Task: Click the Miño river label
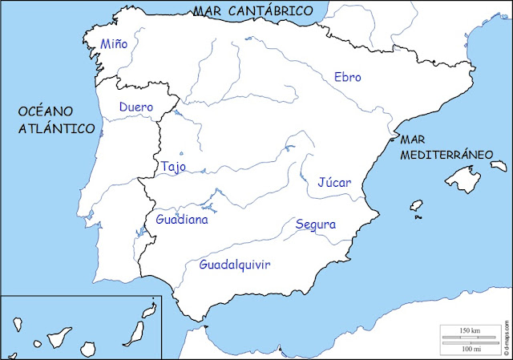pyautogui.click(x=113, y=43)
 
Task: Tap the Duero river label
pyautogui.click(x=135, y=107)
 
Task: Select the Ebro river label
pyautogui.click(x=348, y=77)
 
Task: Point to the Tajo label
pyautogui.click(x=173, y=167)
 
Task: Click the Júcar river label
pyautogui.click(x=334, y=182)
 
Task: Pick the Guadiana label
pyautogui.click(x=182, y=219)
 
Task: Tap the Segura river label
pyautogui.click(x=315, y=224)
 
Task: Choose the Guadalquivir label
pyautogui.click(x=235, y=264)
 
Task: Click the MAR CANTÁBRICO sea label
pyautogui.click(x=252, y=10)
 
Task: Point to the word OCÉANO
pyautogui.click(x=46, y=111)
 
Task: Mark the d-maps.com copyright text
pyautogui.click(x=507, y=338)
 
